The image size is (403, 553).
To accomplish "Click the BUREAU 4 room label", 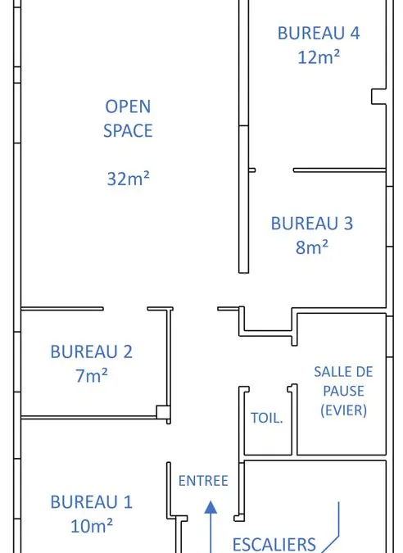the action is [319, 33].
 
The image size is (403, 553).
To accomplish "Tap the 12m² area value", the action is [319, 57].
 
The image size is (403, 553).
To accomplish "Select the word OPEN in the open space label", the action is [128, 107].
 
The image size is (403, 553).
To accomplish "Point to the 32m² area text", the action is [129, 179].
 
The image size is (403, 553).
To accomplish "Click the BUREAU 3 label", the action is [312, 224].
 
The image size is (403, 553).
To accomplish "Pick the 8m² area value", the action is [312, 247].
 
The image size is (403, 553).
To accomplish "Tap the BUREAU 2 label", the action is [91, 352].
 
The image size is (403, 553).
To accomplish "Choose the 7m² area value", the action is [92, 375].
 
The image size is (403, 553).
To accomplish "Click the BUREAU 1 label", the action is [91, 502].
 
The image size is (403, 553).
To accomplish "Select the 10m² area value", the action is [92, 526].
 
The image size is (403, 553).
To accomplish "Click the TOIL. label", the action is [267, 418].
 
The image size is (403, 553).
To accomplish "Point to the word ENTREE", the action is [203, 481].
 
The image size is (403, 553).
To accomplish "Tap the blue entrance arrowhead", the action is [211, 507].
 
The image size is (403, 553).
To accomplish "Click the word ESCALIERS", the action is [274, 544].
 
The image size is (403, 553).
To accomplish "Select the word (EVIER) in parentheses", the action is [343, 410].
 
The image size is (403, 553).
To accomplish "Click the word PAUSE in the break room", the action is [343, 391].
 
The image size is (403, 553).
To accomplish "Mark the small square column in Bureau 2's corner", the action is [163, 411].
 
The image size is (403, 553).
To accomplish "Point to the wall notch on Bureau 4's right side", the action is [379, 97].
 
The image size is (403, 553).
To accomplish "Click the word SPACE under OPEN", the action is [128, 131].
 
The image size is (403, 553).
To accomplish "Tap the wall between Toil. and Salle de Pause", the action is [294, 419].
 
